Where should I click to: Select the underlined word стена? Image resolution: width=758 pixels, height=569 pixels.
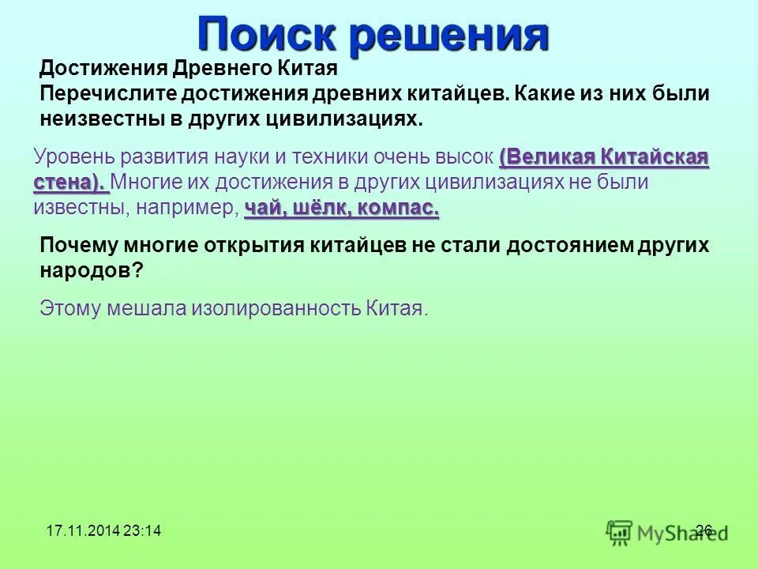69,183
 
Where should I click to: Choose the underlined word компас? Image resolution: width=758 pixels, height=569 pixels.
399,209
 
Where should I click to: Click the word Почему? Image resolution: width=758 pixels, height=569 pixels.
79,246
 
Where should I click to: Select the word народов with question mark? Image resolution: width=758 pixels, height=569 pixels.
92,271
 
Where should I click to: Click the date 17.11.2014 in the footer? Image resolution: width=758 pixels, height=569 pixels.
77,531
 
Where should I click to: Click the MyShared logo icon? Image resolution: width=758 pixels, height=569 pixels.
620,532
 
